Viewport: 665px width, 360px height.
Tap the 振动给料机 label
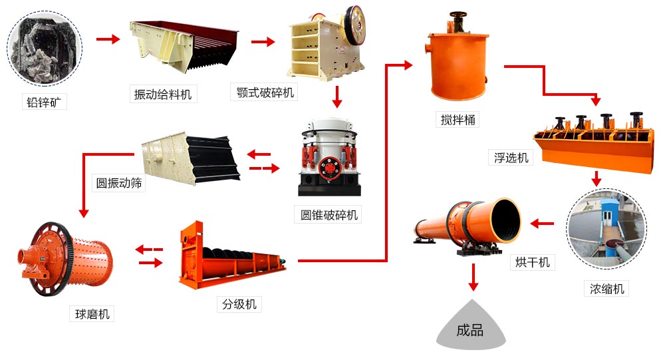(x=163, y=94)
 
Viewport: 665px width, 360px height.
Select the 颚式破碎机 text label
(x=265, y=92)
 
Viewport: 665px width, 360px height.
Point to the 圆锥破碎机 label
(x=329, y=214)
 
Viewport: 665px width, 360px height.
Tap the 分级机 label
(x=239, y=304)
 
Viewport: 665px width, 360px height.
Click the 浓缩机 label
(x=606, y=288)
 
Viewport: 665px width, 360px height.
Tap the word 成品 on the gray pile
(x=470, y=331)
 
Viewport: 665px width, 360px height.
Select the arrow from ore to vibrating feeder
(x=107, y=39)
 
